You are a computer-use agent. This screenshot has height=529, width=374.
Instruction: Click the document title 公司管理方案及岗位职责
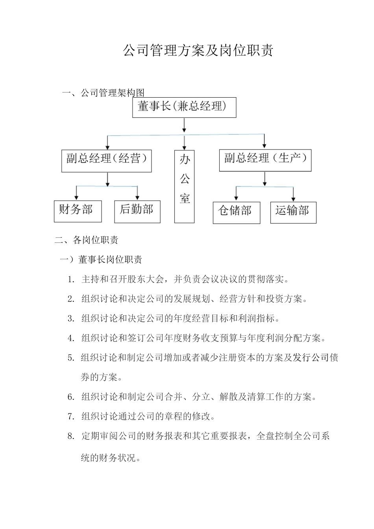[x=198, y=51]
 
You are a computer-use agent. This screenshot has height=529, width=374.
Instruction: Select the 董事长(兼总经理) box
[x=184, y=107]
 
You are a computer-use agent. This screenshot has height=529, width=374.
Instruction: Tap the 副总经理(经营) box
[x=106, y=160]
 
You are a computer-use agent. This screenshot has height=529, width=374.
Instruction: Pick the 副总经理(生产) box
[x=265, y=160]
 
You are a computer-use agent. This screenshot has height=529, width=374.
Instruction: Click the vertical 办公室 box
[x=184, y=186]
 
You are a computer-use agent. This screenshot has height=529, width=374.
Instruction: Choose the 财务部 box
[x=78, y=211]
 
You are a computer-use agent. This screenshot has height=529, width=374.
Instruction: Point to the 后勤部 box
[x=137, y=211]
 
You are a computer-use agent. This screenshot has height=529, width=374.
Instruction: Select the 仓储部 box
[x=236, y=213]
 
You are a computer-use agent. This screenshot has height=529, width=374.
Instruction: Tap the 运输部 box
[x=293, y=212]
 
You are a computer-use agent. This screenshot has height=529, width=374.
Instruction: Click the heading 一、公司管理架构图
[x=104, y=93]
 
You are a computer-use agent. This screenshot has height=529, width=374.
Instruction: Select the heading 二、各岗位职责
[x=87, y=240]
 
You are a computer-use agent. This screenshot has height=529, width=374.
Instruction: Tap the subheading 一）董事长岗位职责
[x=101, y=259]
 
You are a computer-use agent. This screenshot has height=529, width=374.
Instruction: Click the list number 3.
[x=71, y=318]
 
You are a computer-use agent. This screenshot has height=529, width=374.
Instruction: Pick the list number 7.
[x=71, y=416]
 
